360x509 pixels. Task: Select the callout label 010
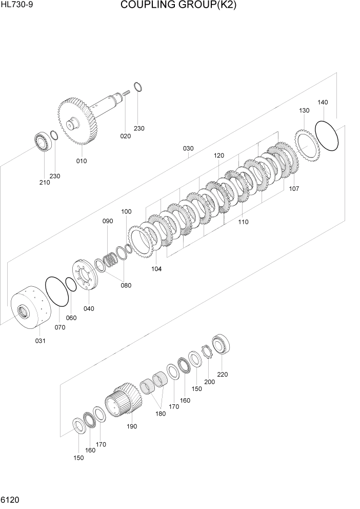click(82, 161)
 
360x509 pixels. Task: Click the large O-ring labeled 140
click(327, 136)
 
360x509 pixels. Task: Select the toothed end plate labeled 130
click(307, 145)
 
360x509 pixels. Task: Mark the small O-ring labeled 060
click(71, 284)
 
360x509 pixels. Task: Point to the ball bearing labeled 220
click(223, 344)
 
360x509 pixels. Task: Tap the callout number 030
click(188, 148)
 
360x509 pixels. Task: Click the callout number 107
click(294, 188)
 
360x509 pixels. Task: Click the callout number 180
click(160, 413)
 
